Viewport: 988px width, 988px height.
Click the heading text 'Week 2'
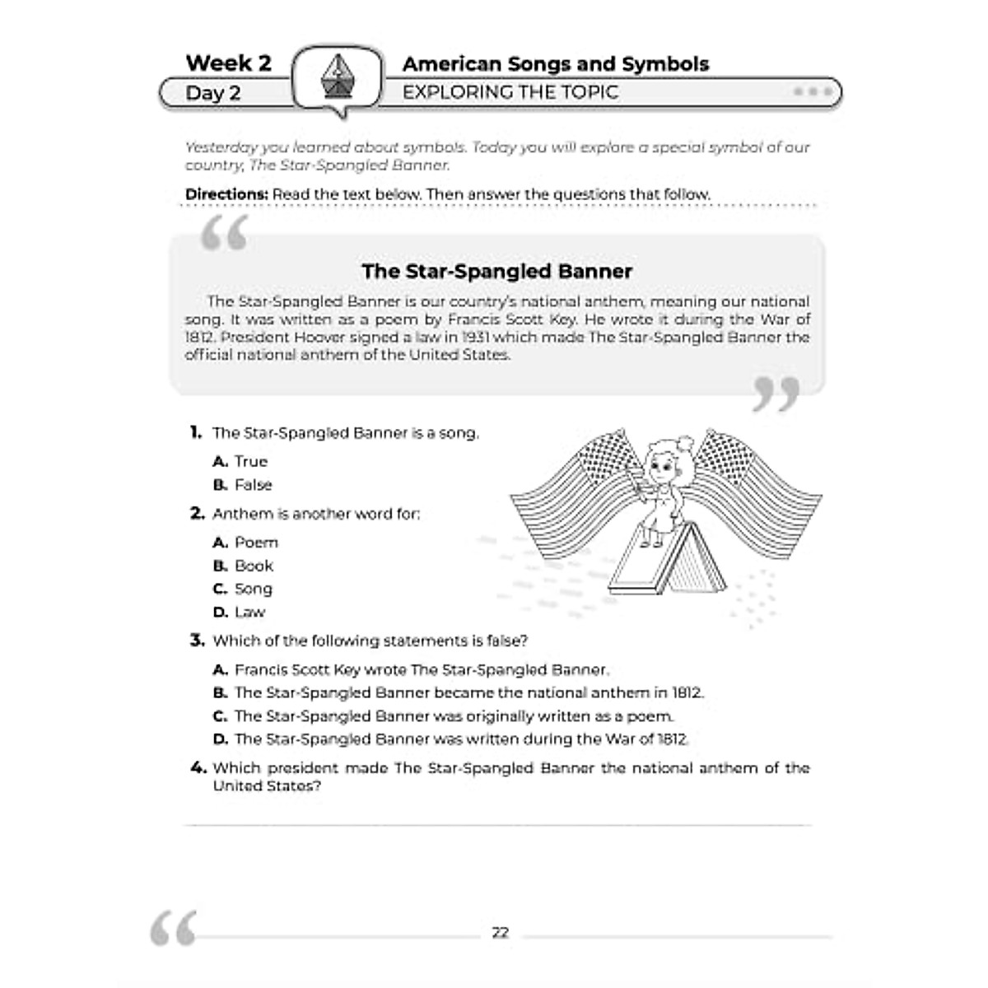(228, 63)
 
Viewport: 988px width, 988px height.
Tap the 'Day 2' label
(212, 93)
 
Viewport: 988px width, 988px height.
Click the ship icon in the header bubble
(338, 79)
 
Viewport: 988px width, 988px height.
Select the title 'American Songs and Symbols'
(555, 64)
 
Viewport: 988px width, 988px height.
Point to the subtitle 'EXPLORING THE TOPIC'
(510, 92)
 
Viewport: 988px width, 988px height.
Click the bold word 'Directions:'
(226, 194)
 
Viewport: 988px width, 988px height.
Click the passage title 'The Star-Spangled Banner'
(496, 271)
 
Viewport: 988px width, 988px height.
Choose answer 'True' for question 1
(250, 462)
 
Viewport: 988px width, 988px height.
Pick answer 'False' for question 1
(253, 485)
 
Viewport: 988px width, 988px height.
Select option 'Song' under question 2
(253, 589)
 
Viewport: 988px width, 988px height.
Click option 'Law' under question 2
(249, 612)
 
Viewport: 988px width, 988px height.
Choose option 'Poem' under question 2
(256, 543)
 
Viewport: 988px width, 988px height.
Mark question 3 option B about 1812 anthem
(468, 693)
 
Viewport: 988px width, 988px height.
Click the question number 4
(198, 768)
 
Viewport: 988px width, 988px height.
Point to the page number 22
(500, 933)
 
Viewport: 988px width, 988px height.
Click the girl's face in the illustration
(662, 468)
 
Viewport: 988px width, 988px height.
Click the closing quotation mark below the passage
(776, 394)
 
